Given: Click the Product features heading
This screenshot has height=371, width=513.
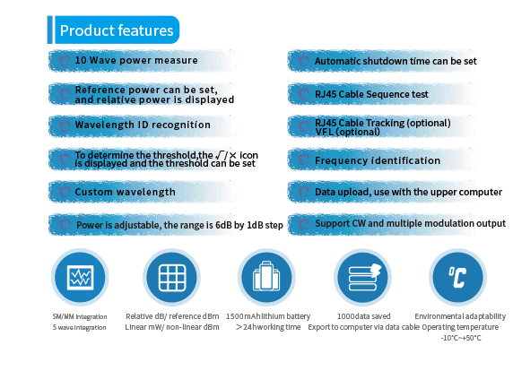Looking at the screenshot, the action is pos(117,30).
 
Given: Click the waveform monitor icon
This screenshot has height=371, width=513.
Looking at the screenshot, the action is pos(80,277).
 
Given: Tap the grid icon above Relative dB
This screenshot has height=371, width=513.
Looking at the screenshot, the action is pos(172,277).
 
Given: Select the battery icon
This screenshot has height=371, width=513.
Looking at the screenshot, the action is pos(266,277).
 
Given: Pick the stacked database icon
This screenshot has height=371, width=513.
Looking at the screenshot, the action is pos(363,277).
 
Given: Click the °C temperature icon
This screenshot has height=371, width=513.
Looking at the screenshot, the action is pos(457,277).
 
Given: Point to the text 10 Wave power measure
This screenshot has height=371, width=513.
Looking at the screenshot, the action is pos(136,60).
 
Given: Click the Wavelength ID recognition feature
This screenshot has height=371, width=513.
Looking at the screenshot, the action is pos(143,125).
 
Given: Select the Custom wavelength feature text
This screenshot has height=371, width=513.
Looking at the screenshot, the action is pos(125,192).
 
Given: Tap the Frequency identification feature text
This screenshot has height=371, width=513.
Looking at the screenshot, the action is pos(378,160).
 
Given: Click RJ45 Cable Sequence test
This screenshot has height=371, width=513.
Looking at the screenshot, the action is pos(371,94).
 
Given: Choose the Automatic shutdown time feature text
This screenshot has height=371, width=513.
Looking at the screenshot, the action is pos(396,61).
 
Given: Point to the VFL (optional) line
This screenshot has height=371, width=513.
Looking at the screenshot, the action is pos(347,132).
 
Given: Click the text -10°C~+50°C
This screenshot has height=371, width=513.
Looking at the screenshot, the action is pos(461,338).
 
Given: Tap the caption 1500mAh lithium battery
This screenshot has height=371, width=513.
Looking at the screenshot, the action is pos(268,316).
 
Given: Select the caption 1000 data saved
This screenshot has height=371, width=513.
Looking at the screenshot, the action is pos(363,316).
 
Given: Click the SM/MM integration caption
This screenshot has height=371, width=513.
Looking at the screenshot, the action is pos(80,316).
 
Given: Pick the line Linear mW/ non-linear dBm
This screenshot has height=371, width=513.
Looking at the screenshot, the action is pos(172,327).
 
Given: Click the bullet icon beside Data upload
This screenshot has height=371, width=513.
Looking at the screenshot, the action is pos(304,192).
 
